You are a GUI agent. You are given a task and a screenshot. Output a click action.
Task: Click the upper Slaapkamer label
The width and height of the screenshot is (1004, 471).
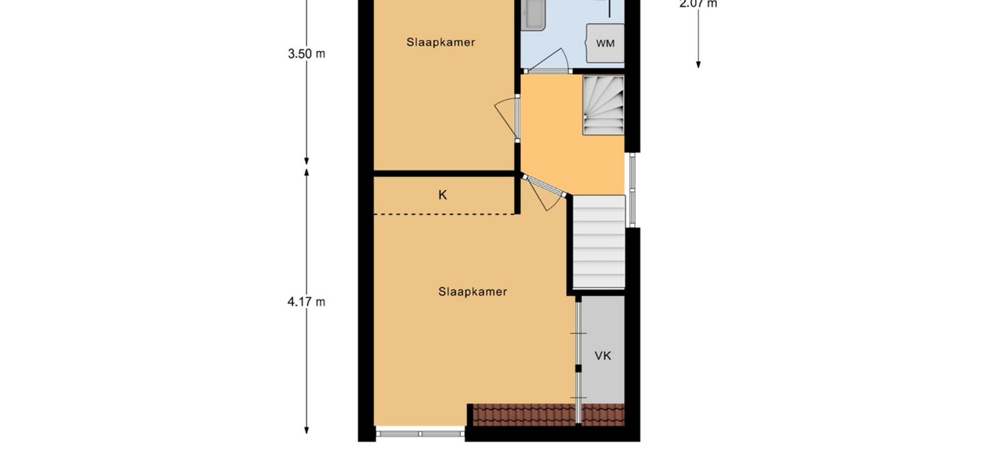[x=441, y=42]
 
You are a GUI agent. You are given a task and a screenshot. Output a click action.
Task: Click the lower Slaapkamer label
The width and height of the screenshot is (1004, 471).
[x=473, y=291]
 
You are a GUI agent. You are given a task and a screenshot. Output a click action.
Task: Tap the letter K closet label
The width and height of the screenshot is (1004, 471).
[x=442, y=195]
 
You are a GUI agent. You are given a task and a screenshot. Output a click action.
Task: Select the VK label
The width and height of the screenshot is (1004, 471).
[x=603, y=356]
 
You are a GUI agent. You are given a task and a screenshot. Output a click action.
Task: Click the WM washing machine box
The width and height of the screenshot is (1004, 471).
[x=606, y=43]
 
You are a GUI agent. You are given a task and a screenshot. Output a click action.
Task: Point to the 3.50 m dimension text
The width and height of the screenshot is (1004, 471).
[x=306, y=53]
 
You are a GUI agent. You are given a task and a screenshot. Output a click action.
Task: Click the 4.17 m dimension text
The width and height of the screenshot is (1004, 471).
[x=306, y=301]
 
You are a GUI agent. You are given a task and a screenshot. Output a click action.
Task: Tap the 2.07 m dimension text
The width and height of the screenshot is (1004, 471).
[x=698, y=4]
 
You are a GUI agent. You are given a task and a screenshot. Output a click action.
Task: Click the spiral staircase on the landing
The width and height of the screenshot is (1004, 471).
[x=603, y=105]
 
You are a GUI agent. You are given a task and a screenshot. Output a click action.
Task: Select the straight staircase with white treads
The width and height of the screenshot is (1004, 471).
[x=599, y=241]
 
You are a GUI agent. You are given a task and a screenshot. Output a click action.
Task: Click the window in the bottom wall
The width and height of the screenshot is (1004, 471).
[x=420, y=433]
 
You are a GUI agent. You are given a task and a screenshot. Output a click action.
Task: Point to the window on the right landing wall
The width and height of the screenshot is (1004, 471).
[x=632, y=189]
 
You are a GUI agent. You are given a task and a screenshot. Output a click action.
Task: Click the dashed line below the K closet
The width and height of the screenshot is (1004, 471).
[x=444, y=214]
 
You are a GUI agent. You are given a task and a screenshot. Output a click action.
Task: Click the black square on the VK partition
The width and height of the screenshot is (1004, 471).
[x=578, y=368]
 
